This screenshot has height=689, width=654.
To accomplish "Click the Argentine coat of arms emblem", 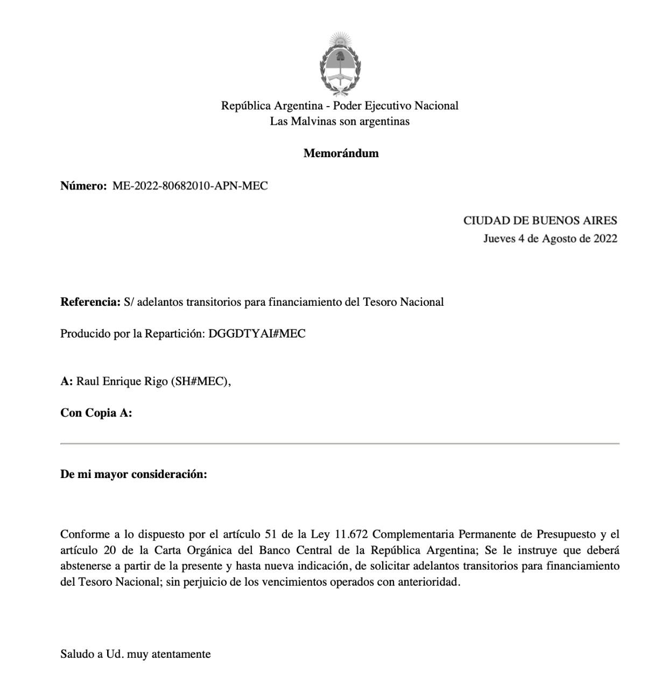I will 340,64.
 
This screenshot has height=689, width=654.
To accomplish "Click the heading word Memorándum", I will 341,153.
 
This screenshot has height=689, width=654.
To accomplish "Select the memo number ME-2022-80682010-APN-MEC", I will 189,186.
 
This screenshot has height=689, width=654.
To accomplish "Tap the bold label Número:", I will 83,186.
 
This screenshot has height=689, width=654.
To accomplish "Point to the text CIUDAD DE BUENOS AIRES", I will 540,221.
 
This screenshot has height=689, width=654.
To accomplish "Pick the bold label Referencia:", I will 90,302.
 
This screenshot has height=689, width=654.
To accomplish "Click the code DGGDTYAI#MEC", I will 257,334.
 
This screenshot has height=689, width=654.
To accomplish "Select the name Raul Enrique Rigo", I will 122,382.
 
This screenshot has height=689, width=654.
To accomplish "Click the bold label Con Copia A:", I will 96,413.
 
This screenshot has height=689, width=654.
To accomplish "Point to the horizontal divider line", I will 340,444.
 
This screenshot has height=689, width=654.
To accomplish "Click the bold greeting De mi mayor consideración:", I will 133,475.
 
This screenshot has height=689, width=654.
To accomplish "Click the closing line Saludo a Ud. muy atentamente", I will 135,655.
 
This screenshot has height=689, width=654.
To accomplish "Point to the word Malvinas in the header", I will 313,122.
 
